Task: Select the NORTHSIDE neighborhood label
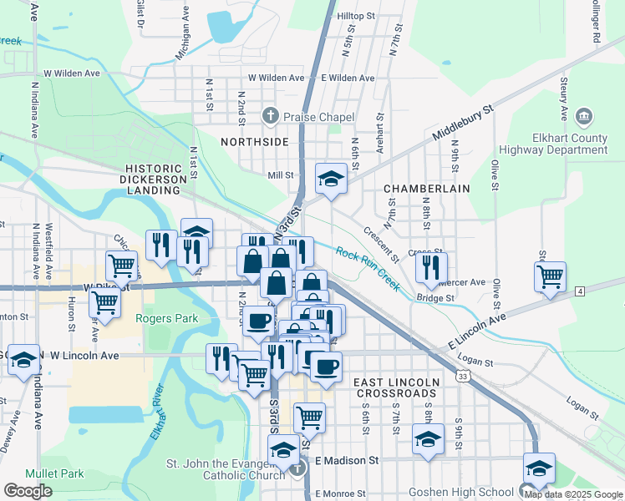pyautogui.click(x=253, y=142)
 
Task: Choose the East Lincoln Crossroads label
pyautogui.click(x=396, y=387)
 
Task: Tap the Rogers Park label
pyautogui.click(x=167, y=318)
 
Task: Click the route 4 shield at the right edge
pyautogui.click(x=579, y=290)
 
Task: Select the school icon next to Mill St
pyautogui.click(x=331, y=179)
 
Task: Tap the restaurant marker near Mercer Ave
pyautogui.click(x=430, y=267)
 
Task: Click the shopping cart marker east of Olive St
pyautogui.click(x=550, y=276)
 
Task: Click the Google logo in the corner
pyautogui.click(x=28, y=491)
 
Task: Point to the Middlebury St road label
pyautogui.click(x=463, y=123)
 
